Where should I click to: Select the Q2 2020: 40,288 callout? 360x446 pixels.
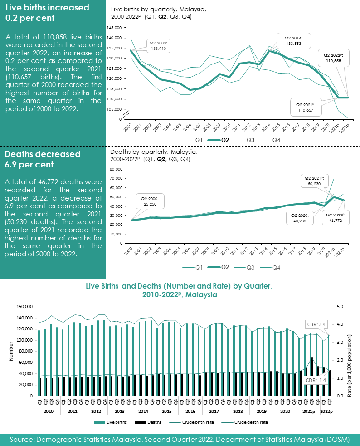(x=299, y=218)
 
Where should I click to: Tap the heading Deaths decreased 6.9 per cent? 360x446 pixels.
(x=43, y=159)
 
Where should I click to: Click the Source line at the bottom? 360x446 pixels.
(x=180, y=440)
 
